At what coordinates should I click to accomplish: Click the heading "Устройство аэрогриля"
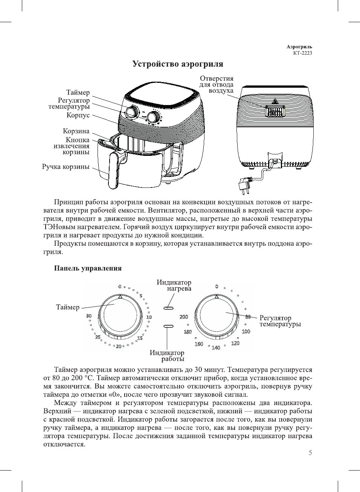pyautogui.click(x=178, y=64)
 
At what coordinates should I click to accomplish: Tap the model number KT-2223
pyautogui.click(x=302, y=53)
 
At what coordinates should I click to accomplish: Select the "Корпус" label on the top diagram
pyautogui.click(x=78, y=115)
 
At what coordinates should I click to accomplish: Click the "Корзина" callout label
pyautogui.click(x=76, y=131)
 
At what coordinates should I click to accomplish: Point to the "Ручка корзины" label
pyautogui.click(x=66, y=167)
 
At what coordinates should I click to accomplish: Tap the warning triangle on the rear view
pyautogui.click(x=275, y=101)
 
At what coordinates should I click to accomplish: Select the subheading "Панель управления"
pyautogui.click(x=88, y=268)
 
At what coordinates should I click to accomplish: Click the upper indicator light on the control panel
pyautogui.click(x=168, y=308)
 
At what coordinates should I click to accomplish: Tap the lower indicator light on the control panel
pyautogui.click(x=168, y=326)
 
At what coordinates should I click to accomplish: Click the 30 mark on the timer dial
pyautogui.click(x=89, y=316)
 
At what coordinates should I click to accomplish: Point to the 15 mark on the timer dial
pyautogui.click(x=140, y=338)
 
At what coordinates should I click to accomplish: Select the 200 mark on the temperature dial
pyautogui.click(x=184, y=317)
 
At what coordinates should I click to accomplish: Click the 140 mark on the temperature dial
pyautogui.click(x=216, y=348)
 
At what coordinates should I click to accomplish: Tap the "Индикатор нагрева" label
pyautogui.click(x=174, y=285)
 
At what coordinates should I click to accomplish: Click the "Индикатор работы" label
pyautogui.click(x=167, y=356)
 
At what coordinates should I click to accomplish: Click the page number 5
pyautogui.click(x=310, y=453)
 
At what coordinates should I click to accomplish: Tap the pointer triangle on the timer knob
pyautogui.click(x=120, y=297)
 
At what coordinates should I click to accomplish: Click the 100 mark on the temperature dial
pyautogui.click(x=246, y=331)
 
